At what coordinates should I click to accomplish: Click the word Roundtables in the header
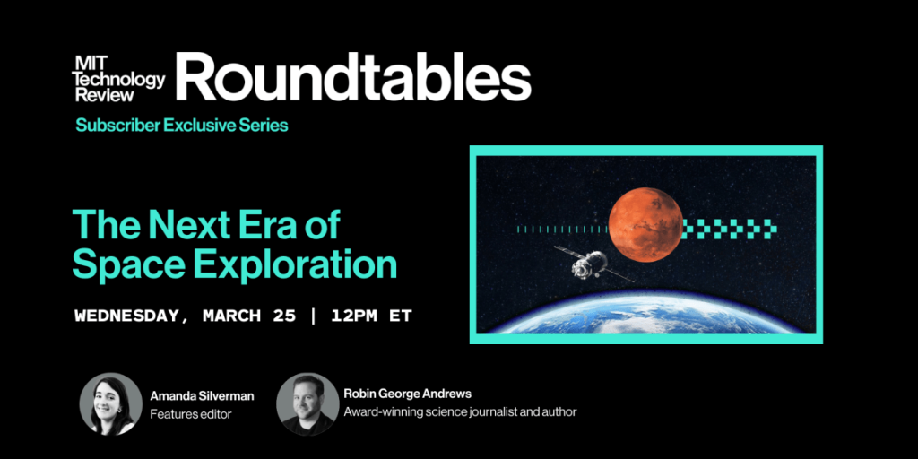pos(353,78)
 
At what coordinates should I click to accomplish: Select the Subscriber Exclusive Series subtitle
pos(181,126)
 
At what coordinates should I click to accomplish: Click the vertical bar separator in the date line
pos(311,316)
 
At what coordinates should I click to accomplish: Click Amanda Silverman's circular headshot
pos(110,403)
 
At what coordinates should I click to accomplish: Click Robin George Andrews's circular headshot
pos(307,403)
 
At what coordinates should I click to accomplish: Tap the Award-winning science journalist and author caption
pos(459,412)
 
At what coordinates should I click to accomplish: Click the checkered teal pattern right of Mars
pos(728,229)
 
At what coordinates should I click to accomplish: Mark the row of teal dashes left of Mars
pos(561,229)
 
